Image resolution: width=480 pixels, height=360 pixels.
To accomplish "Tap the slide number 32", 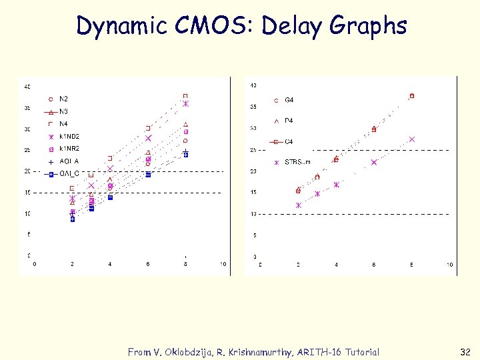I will pos(465,352).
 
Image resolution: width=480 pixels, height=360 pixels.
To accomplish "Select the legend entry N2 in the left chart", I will pos(63,99).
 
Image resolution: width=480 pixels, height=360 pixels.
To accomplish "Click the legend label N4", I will pos(63,123).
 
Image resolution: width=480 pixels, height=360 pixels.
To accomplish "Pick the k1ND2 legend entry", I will pos(69,136).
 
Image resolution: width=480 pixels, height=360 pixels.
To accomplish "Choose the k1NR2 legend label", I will pos(69,148).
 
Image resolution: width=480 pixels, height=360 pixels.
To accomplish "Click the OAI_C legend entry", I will pos(69,173).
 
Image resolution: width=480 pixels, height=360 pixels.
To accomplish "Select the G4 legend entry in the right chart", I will pos(289,100).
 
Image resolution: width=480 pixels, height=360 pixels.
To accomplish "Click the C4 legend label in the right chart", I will pos(289,141).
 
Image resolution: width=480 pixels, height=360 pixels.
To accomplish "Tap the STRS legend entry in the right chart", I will pos(297,162).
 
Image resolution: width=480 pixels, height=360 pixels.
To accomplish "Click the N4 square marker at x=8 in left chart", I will pos(186,96).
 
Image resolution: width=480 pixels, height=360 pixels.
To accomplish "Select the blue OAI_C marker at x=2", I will pos(72,219).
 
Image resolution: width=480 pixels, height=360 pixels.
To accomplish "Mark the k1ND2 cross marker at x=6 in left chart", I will pos(148,138).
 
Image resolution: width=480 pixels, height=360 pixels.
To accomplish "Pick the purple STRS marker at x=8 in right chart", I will pos(412,139).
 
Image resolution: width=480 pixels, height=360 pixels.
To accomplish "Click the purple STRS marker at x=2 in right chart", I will pos(298,205).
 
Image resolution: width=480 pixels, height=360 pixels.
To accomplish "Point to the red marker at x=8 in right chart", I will pos(412,96).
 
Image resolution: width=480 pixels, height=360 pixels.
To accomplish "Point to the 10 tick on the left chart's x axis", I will pos(223,264).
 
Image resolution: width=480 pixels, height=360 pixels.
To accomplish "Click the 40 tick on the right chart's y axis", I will pos(253,85).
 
